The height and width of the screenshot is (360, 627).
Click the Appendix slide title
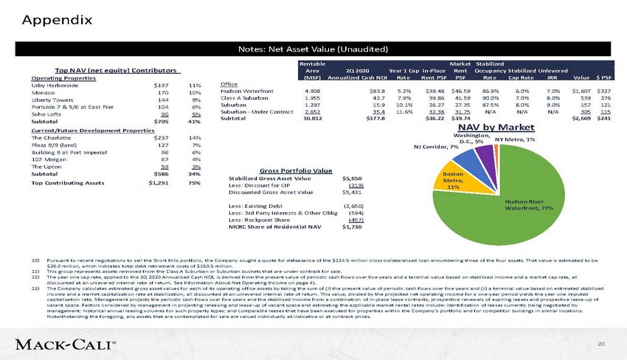click(x=56, y=19)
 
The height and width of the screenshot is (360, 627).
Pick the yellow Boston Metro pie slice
click(x=453, y=179)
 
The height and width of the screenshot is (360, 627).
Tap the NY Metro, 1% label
click(x=515, y=139)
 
